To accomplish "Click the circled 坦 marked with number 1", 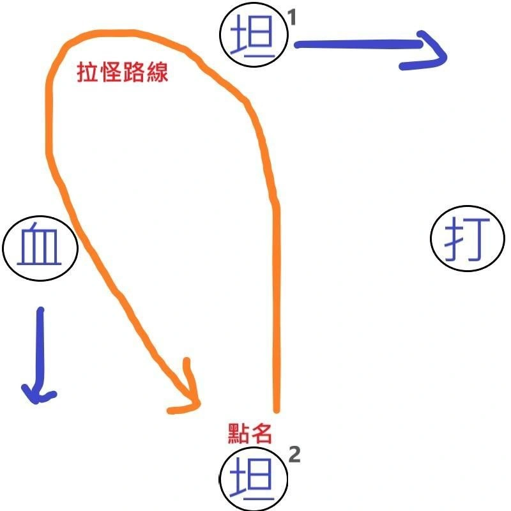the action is (x=253, y=37).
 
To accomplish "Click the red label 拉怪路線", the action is (x=123, y=72).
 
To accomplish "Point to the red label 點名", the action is (x=250, y=434).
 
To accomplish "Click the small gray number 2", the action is (x=294, y=455).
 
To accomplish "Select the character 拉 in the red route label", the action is (x=88, y=72).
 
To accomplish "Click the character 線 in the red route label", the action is (x=158, y=72).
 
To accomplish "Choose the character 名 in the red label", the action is (x=262, y=434).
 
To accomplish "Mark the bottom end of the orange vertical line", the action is (x=277, y=409).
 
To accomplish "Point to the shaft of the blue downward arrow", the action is (x=40, y=345).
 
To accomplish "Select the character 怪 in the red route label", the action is (x=111, y=72).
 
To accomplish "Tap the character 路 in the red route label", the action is (x=134, y=72).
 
